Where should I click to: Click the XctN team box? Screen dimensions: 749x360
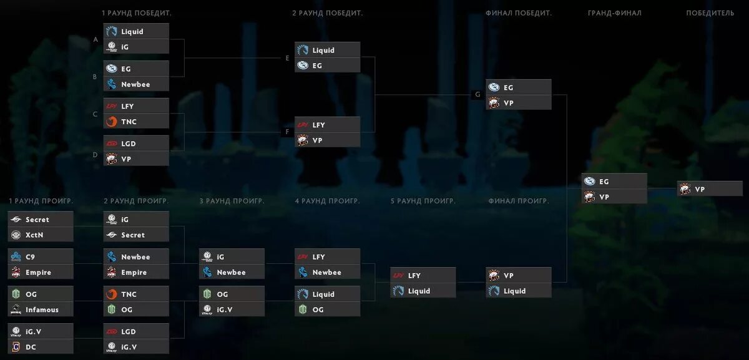[x=41, y=235]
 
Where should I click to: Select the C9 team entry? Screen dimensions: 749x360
[x=41, y=257]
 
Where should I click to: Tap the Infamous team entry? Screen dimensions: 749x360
[x=41, y=310]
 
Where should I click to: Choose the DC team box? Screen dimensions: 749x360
[x=41, y=348]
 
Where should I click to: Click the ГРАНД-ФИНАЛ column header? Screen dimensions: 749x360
[x=614, y=13]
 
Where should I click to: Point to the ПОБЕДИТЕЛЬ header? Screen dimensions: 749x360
[x=710, y=13]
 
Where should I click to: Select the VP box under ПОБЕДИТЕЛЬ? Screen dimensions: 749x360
[x=710, y=189]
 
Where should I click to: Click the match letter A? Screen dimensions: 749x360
[x=95, y=39]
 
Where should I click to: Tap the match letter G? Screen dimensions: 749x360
[x=477, y=95]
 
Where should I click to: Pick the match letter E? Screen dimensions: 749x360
[x=287, y=58]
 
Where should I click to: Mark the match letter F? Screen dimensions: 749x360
[x=287, y=132]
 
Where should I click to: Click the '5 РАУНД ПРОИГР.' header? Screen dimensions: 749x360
[x=423, y=201]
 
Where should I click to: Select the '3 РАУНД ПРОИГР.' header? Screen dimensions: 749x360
[x=232, y=201]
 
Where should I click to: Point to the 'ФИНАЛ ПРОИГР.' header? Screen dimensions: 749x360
[x=518, y=201]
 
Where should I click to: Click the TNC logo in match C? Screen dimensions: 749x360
[x=112, y=122]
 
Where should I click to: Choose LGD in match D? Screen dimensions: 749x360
[x=135, y=144]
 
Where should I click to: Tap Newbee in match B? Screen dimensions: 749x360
[x=135, y=84]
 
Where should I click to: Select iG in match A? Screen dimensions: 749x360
[x=135, y=47]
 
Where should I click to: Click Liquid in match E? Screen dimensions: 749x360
[x=327, y=51]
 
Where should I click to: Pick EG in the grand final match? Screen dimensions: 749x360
[x=614, y=182]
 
